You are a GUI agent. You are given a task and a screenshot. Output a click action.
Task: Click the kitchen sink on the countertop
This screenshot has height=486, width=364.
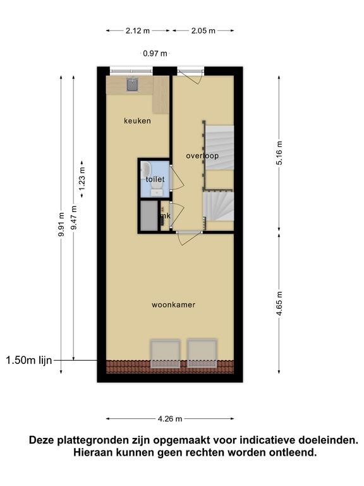pos(133,85)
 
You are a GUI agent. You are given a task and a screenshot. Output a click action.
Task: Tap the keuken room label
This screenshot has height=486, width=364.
pos(137,121)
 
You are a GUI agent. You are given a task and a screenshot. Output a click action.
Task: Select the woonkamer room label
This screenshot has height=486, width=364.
pos(173,304)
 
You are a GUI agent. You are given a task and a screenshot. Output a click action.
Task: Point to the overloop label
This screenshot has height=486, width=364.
pos(202,156)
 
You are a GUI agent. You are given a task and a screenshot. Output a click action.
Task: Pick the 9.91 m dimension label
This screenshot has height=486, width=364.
pos(61,225)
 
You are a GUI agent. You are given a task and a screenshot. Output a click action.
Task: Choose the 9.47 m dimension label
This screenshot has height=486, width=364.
pos(74,218)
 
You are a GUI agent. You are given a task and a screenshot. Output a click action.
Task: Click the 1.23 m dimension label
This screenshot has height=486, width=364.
pos(82,179)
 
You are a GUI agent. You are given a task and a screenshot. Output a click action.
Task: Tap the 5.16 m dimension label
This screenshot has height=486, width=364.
pos(279,153)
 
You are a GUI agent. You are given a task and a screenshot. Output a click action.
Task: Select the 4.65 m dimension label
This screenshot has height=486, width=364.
pos(279,304)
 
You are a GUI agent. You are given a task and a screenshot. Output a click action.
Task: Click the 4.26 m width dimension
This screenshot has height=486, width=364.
pos(170,419)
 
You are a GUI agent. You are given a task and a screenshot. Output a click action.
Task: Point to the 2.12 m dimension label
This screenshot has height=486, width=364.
pos(138,30)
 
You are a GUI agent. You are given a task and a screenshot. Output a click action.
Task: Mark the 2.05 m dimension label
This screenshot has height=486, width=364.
pos(203,30)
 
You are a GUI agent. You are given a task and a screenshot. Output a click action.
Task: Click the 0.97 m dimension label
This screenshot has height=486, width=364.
pos(155,53)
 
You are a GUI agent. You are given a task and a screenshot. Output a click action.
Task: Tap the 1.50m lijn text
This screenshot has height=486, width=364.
pos(29,360)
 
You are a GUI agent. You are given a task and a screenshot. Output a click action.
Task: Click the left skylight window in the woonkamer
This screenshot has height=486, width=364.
pos(166,354)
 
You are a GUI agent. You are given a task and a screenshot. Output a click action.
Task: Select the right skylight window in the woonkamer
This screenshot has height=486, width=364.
pos(202,354)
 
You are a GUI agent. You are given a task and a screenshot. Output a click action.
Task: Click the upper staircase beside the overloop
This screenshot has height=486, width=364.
pos(219,147)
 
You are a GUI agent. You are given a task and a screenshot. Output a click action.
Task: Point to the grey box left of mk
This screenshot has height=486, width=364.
pos(149,216)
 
